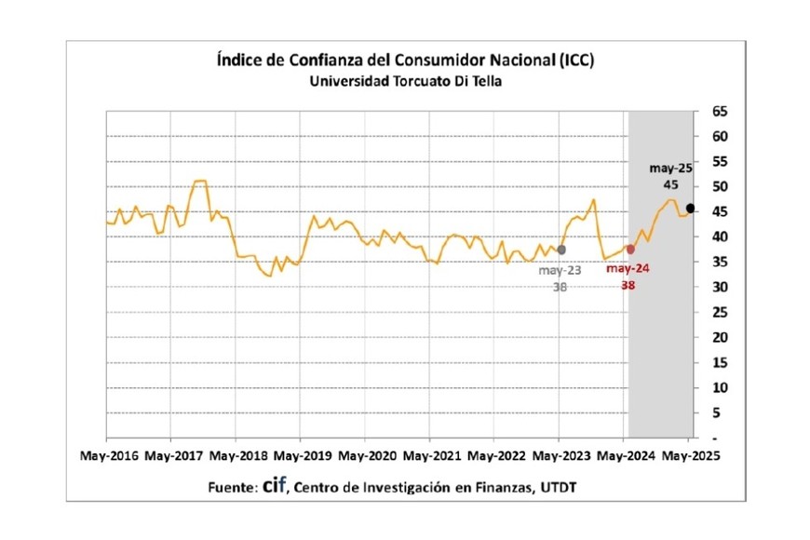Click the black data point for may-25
pyautogui.click(x=690, y=208)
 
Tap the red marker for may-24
pyautogui.click(x=630, y=250)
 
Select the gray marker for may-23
pyautogui.click(x=560, y=250)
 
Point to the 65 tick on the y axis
pyautogui.click(x=719, y=112)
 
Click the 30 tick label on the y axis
pyautogui.click(x=719, y=288)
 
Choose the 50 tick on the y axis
pyautogui.click(x=719, y=187)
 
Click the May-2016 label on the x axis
pyautogui.click(x=110, y=456)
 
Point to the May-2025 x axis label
pyautogui.click(x=689, y=456)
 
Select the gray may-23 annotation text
pyautogui.click(x=560, y=270)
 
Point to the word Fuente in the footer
pyautogui.click(x=230, y=487)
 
